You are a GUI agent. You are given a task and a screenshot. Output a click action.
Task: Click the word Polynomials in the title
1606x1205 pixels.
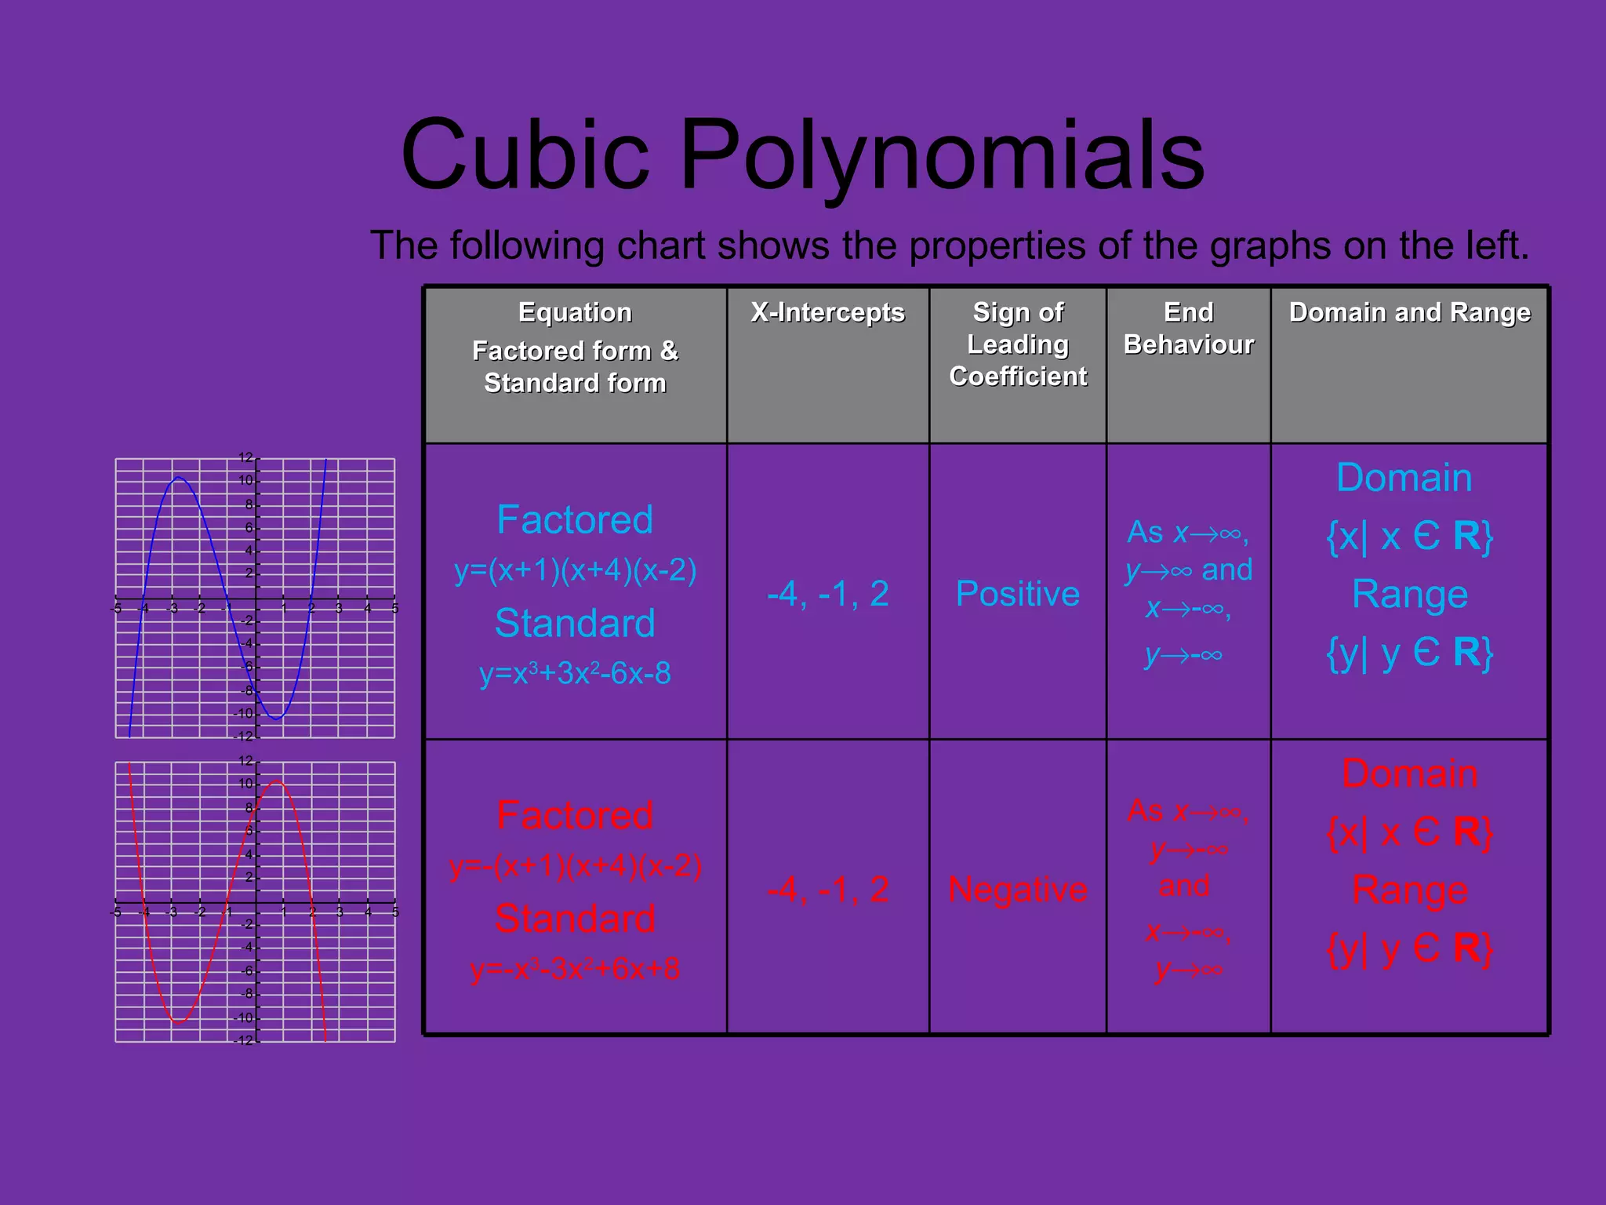click(942, 156)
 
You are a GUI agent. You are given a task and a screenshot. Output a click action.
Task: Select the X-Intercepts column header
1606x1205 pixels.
click(827, 312)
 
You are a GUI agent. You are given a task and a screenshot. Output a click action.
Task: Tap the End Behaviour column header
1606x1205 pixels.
click(1188, 328)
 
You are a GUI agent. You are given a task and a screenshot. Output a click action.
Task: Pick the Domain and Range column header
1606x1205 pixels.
click(1409, 312)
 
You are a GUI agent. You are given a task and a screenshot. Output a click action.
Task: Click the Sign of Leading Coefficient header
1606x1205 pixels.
click(1018, 344)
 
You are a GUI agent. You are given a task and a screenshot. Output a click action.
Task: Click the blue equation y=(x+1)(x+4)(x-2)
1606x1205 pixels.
click(575, 570)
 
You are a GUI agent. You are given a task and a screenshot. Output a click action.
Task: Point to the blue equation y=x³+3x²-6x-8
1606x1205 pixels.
click(575, 673)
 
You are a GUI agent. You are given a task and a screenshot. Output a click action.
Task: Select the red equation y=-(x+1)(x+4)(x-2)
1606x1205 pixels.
click(575, 866)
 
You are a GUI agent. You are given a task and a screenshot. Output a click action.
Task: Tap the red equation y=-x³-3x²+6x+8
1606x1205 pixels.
click(575, 969)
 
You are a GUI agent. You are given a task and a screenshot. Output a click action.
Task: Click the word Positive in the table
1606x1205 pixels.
click(1017, 594)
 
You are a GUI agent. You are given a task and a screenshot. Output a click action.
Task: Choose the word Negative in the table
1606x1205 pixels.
click(1017, 890)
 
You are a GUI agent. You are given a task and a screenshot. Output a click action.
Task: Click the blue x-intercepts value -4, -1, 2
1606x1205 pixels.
click(827, 594)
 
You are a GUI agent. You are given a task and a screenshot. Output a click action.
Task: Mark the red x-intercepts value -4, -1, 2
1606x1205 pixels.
click(827, 890)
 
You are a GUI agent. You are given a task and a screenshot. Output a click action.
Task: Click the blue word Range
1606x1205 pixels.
click(1409, 594)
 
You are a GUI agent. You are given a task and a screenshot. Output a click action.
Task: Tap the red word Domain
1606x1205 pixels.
click(1409, 774)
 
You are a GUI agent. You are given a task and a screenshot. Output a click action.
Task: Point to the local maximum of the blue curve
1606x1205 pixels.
click(178, 478)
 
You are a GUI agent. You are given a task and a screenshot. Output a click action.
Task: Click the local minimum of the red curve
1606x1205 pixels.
click(178, 1022)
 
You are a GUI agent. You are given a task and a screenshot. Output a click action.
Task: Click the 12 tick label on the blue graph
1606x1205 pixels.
click(245, 457)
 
